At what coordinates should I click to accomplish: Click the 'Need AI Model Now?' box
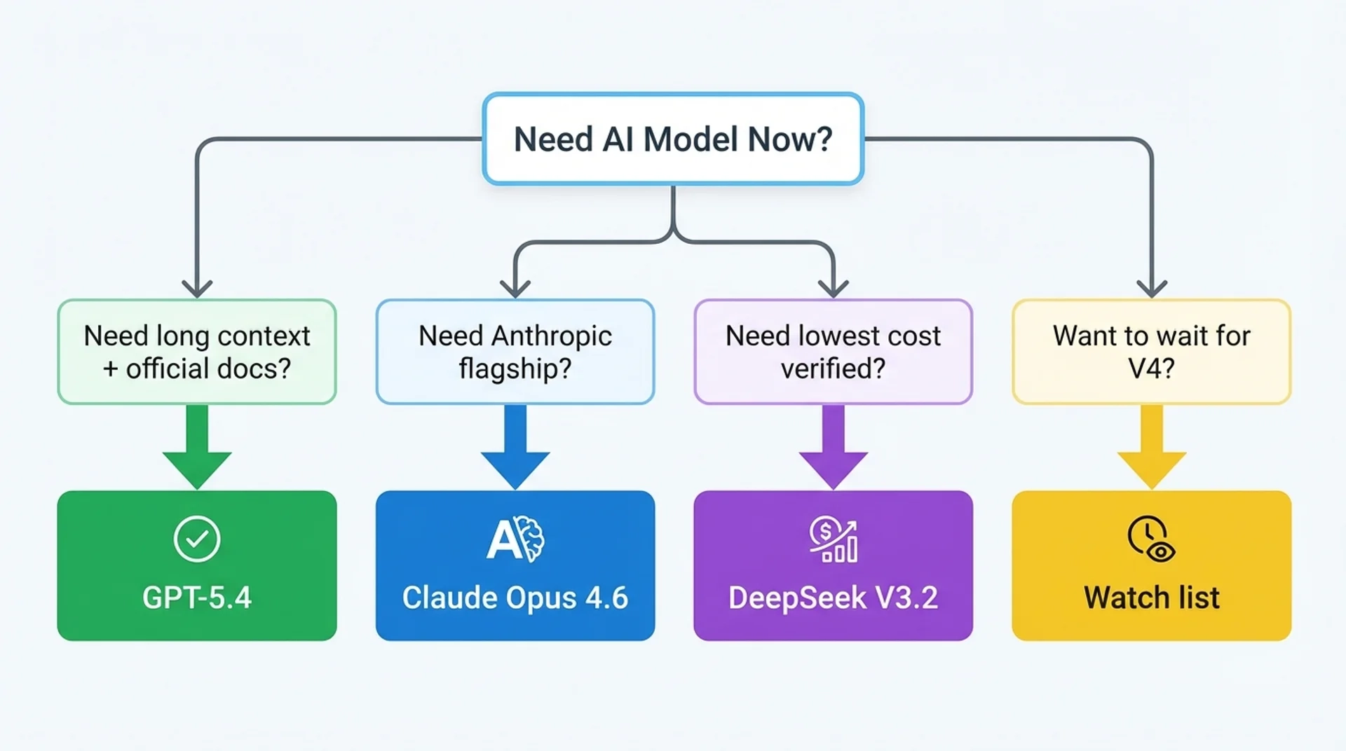pos(673,139)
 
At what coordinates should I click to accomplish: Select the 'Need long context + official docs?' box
pos(197,352)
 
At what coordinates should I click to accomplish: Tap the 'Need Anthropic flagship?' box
pos(515,352)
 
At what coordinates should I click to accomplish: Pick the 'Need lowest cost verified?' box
pos(833,352)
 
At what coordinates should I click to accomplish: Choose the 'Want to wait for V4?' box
pos(1151,352)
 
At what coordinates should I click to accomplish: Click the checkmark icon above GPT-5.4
pos(197,539)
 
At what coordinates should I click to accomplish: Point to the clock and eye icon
pos(1151,539)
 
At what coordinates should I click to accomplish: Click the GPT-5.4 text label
pos(197,598)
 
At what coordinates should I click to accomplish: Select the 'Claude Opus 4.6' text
pos(515,598)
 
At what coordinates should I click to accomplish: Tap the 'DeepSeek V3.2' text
pos(833,598)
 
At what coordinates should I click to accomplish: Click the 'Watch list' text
pos(1151,598)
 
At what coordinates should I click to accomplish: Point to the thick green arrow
pos(197,448)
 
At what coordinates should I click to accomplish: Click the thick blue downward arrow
pos(515,448)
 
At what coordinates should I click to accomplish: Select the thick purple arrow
pos(833,448)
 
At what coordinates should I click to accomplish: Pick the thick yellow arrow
pos(1151,448)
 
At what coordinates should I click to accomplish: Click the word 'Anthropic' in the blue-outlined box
pos(552,336)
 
